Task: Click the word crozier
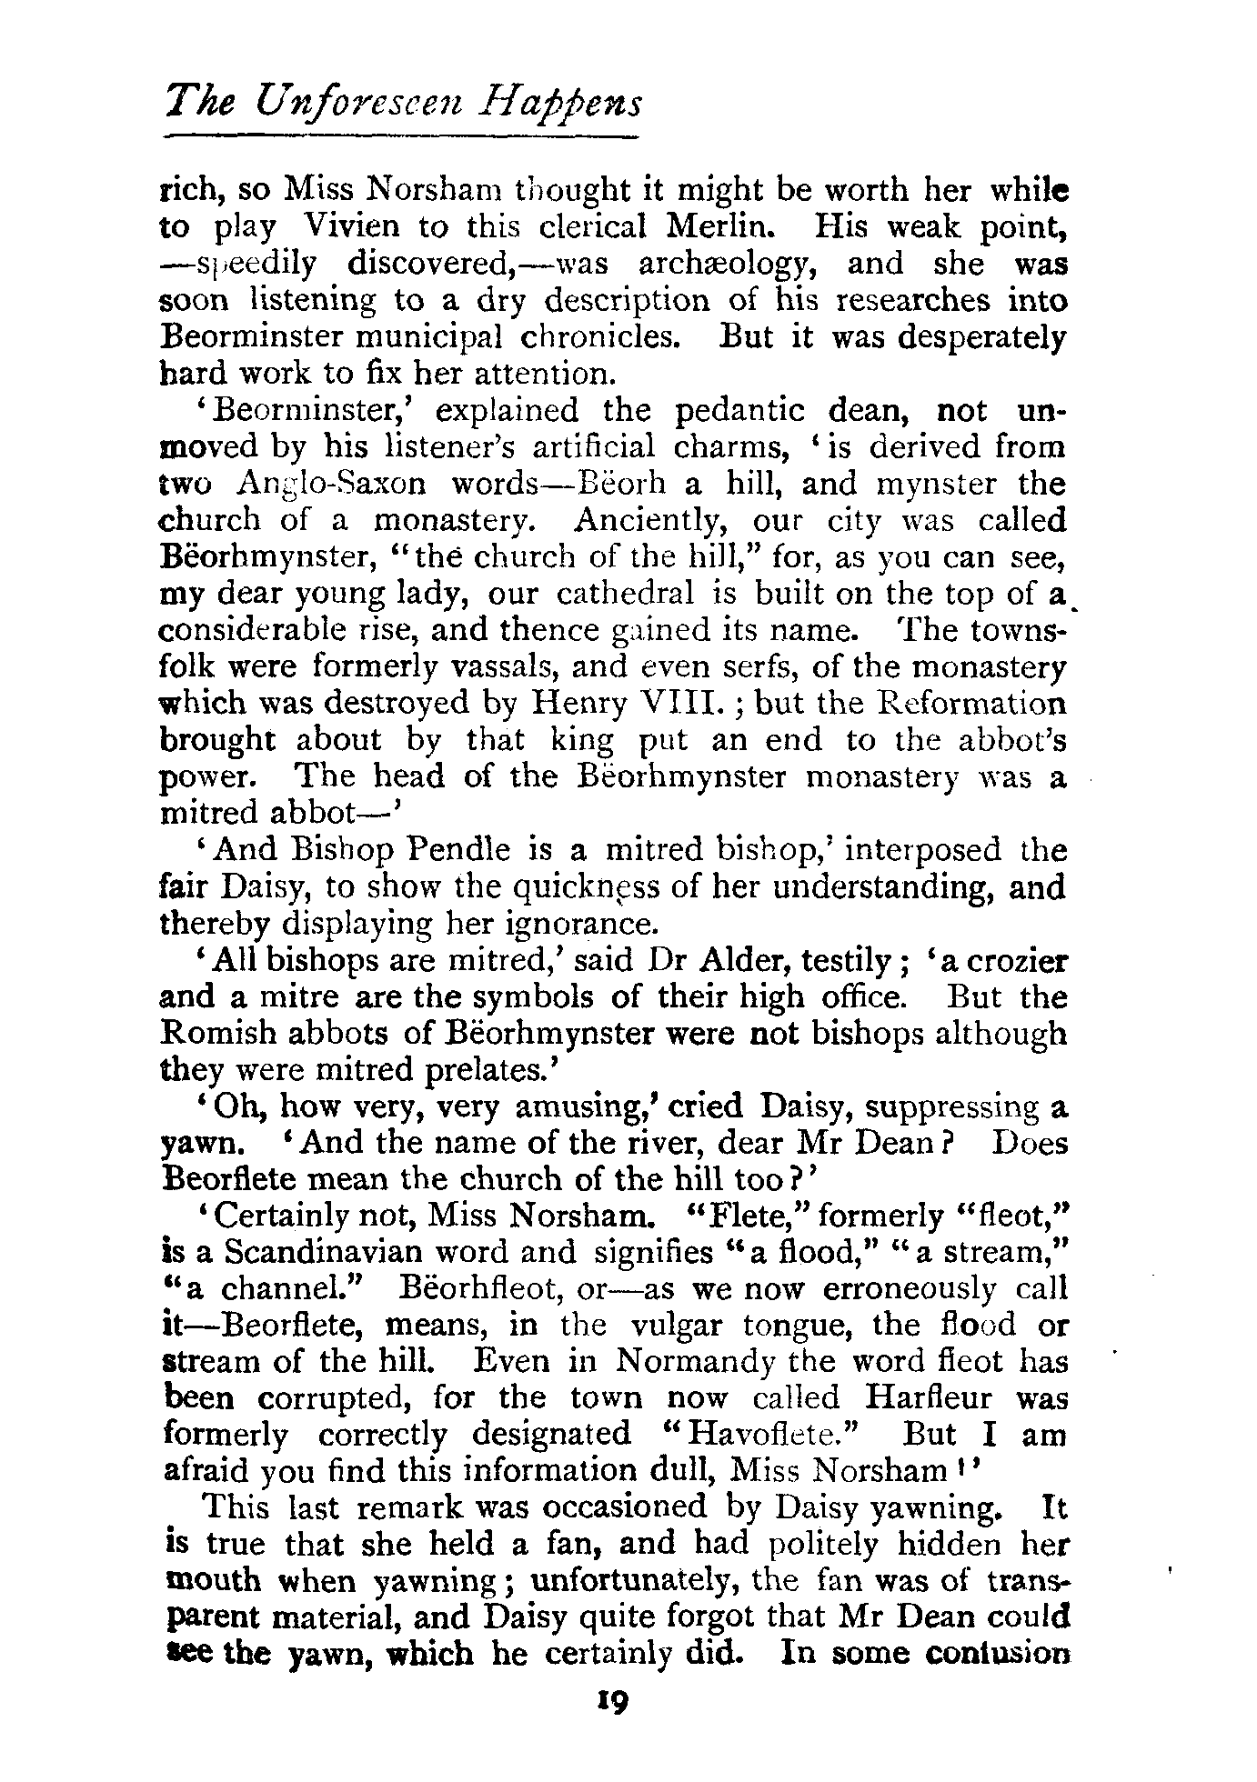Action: coord(1014,961)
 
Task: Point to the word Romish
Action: coord(216,1034)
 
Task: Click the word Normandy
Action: coord(694,1361)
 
